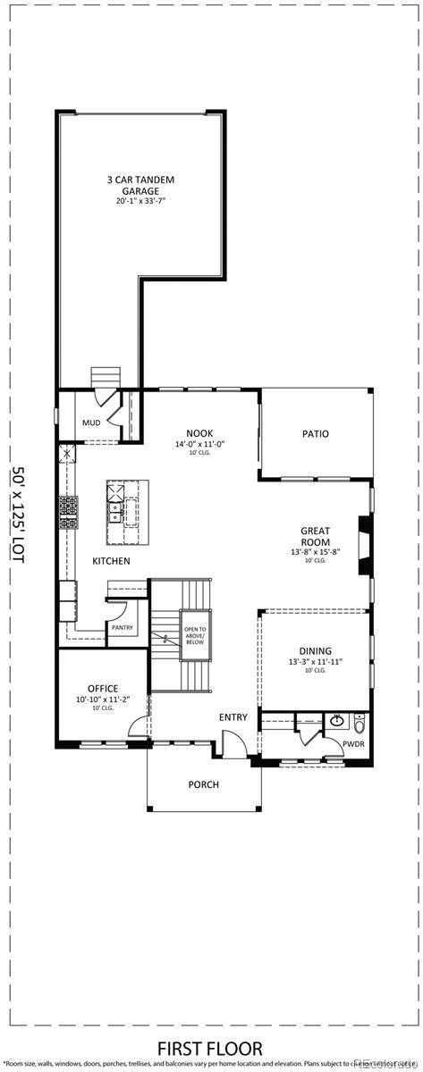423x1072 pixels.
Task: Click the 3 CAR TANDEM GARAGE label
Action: [x=140, y=185]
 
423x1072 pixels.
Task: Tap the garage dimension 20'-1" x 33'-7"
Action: [x=140, y=202]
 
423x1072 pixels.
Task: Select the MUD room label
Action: [x=91, y=423]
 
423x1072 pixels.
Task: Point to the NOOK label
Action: [x=199, y=432]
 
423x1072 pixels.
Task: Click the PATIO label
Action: [x=315, y=434]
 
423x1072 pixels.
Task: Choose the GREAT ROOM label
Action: [x=315, y=536]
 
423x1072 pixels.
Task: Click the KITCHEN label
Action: [x=111, y=561]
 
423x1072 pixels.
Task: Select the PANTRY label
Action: [x=123, y=628]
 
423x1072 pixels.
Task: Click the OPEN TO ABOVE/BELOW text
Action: [x=195, y=635]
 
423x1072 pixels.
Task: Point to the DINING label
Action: [x=316, y=651]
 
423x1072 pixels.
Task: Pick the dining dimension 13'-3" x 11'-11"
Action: [x=316, y=662]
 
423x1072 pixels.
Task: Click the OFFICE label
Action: [x=103, y=689]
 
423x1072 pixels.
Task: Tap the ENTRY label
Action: [x=233, y=717]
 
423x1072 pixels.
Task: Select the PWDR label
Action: [x=354, y=743]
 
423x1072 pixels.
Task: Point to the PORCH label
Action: [x=203, y=785]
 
